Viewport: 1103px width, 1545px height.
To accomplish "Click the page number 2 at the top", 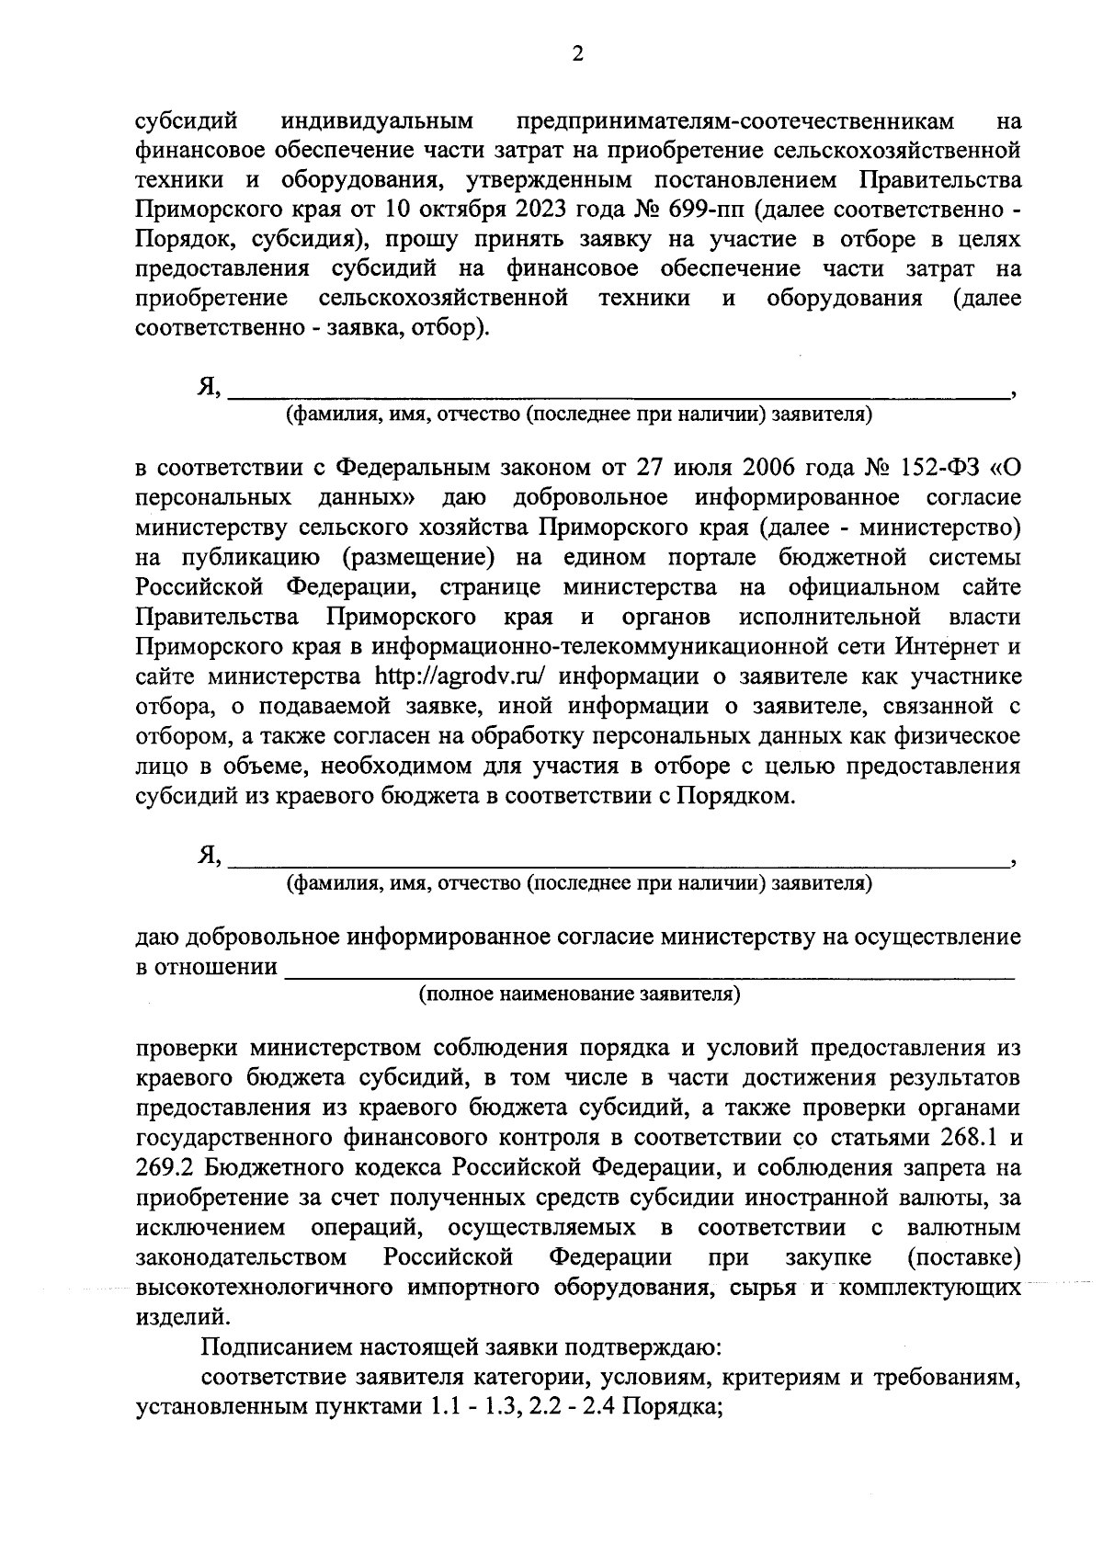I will pos(577,54).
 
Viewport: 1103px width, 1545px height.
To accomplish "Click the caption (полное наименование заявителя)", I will pos(579,994).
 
